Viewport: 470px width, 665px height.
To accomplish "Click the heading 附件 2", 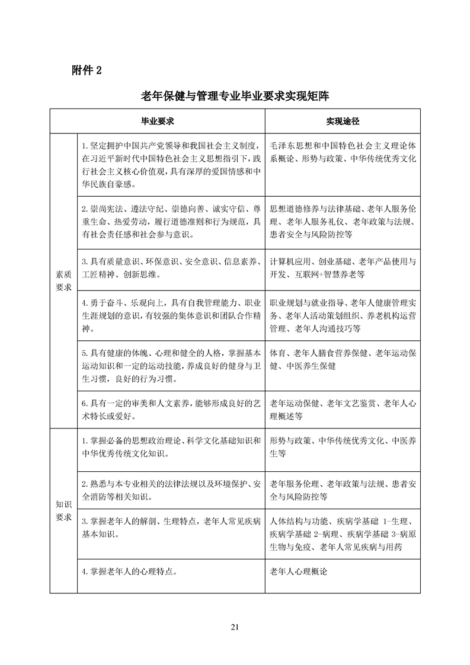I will [87, 70].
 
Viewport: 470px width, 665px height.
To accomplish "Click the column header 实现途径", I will [343, 122].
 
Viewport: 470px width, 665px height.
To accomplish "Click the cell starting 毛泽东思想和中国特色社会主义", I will [343, 152].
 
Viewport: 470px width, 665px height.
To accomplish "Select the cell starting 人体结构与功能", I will [343, 535].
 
